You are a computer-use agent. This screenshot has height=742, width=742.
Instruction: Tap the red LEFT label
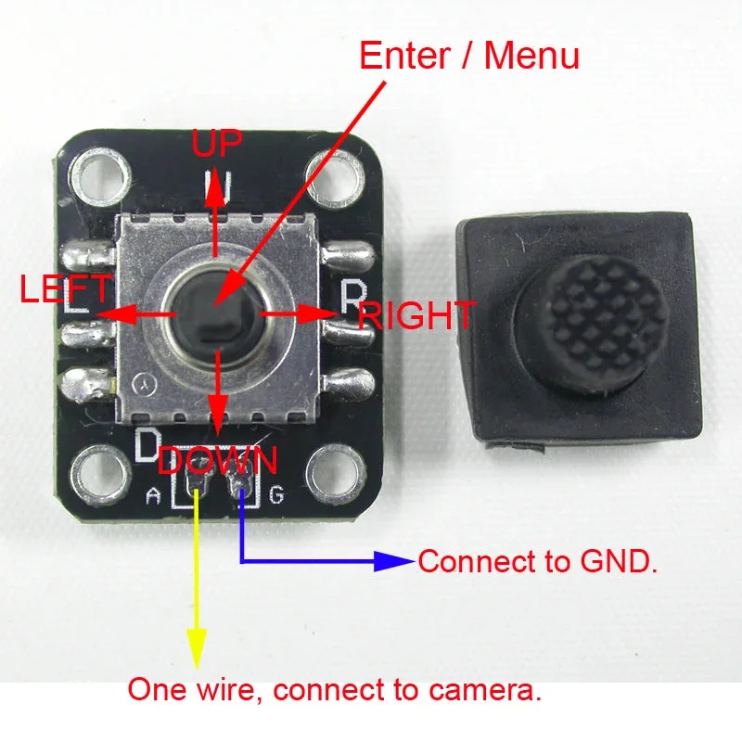point(65,288)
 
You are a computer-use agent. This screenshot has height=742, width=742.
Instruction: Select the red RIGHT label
point(416,315)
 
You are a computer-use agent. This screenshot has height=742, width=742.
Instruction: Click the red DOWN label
point(217,460)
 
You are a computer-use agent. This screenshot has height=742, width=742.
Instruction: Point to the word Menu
point(531,56)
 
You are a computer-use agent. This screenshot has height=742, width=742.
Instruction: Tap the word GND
point(619,562)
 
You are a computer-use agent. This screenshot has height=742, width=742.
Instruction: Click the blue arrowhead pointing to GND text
point(393,561)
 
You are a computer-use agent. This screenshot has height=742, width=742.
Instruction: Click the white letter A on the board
point(152,496)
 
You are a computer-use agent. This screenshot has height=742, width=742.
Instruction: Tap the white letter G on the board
point(276,495)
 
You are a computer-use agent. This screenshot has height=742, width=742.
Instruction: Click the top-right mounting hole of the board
point(336,177)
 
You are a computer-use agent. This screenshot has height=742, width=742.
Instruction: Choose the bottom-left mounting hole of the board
point(101,475)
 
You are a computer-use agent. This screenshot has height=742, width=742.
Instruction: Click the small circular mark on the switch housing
point(141,381)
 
